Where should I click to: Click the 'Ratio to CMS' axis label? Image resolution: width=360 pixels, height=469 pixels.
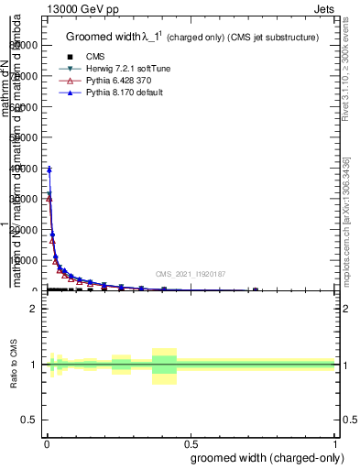pos(15,364)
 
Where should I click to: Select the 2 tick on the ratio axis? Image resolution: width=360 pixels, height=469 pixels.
pos(33,309)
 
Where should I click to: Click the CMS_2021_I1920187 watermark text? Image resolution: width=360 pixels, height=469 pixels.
pos(191,274)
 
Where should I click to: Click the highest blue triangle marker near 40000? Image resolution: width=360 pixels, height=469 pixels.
pos(49,169)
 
